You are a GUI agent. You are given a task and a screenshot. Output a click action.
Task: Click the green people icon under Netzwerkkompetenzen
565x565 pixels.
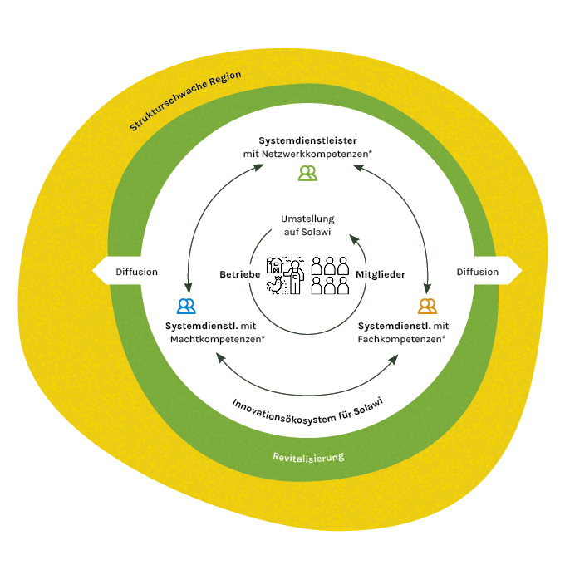coord(307,173)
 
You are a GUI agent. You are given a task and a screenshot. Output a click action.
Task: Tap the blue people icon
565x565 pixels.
coord(187,306)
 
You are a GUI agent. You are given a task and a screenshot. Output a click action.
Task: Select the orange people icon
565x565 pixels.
coord(428,306)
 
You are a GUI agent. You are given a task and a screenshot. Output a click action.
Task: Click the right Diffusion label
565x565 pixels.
coord(478,272)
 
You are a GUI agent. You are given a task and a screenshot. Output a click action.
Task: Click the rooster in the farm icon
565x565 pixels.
coord(273,286)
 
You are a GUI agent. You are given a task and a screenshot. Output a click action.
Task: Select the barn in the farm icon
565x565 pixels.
coord(274,266)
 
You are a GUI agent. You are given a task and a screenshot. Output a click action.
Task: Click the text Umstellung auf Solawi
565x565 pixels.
coord(307,225)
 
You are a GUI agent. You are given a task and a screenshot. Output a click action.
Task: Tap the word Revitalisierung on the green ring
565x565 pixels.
coord(308,457)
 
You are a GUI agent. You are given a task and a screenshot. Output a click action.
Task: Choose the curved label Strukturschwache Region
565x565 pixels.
coord(184,101)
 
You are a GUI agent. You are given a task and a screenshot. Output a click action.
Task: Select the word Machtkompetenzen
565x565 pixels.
coord(217,339)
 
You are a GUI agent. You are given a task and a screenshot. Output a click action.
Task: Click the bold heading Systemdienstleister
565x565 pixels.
coord(307,140)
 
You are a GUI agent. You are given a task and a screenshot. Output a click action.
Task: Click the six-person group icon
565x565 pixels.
coord(329,275)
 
